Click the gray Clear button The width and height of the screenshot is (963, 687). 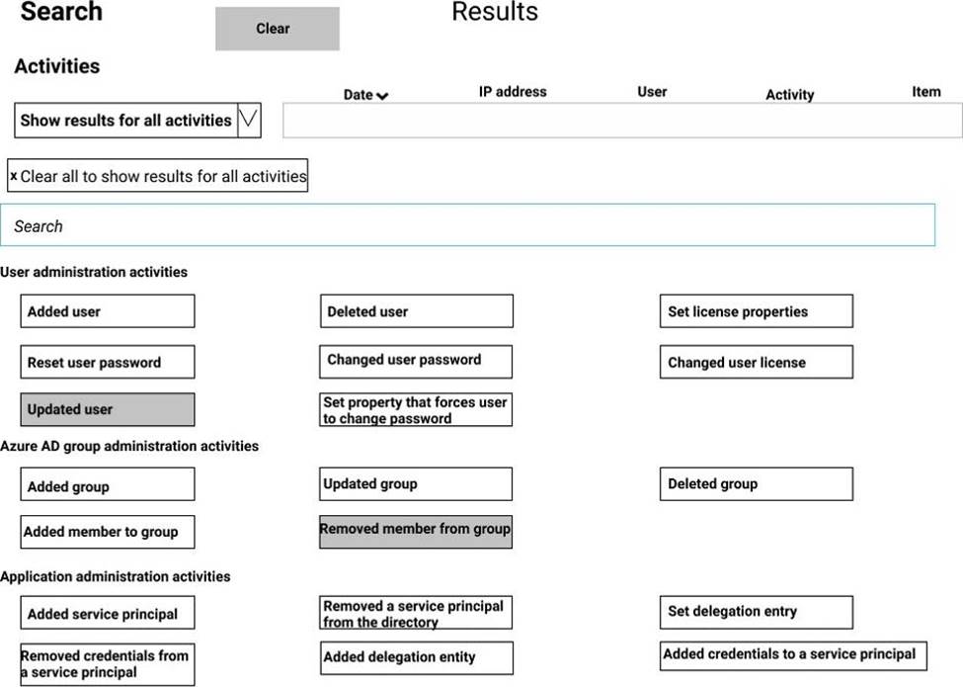click(x=277, y=29)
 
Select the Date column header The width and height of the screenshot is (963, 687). click(x=364, y=95)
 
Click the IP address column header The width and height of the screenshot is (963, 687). click(x=513, y=91)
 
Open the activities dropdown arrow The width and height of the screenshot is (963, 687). click(x=249, y=121)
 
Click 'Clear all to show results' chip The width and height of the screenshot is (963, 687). click(x=158, y=176)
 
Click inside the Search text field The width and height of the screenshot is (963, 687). click(x=467, y=225)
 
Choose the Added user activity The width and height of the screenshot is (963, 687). click(x=107, y=311)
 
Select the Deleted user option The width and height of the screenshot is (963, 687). click(x=416, y=311)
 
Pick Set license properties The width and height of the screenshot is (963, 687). click(x=756, y=311)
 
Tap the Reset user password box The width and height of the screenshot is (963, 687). click(x=107, y=362)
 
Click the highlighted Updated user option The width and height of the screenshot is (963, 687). click(x=107, y=409)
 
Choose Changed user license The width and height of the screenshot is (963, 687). click(x=756, y=362)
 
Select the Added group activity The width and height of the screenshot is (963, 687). click(x=107, y=485)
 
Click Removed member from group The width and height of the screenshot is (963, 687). click(x=415, y=531)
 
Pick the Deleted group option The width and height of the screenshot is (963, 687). click(x=756, y=484)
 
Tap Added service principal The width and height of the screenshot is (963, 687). click(x=107, y=613)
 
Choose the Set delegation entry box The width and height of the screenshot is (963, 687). click(x=756, y=612)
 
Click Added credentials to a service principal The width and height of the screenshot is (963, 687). click(x=793, y=654)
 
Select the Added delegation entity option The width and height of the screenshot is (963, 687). click(x=416, y=657)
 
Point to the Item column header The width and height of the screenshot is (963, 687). click(x=925, y=91)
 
